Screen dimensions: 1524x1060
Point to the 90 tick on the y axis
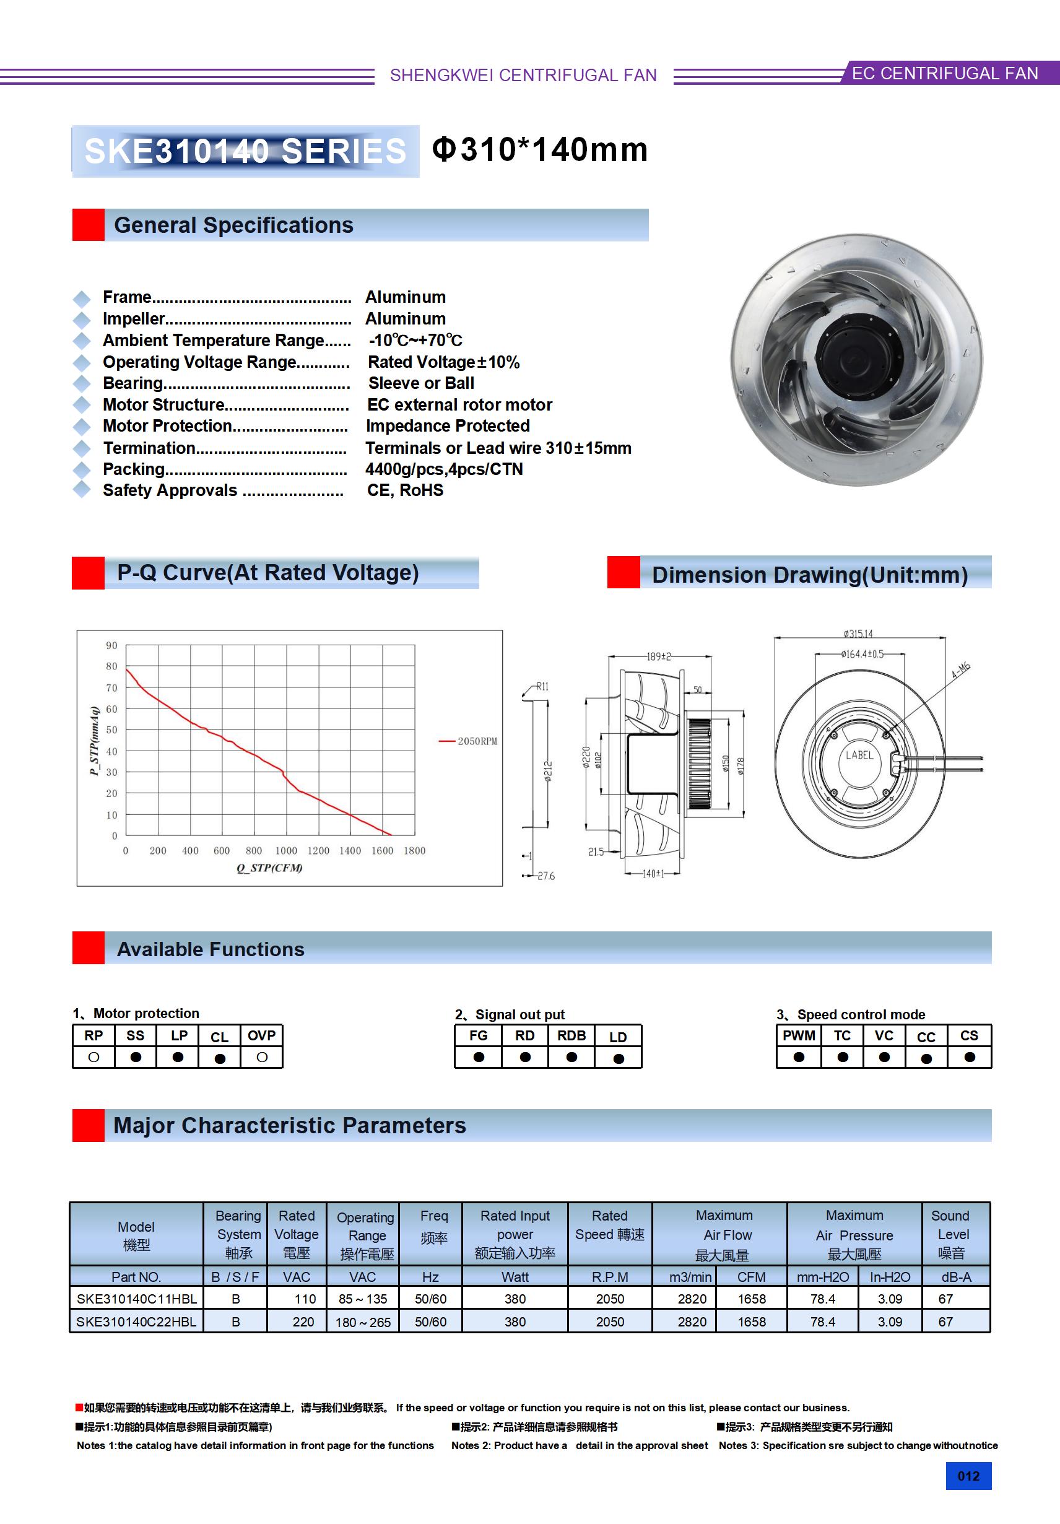[x=111, y=645]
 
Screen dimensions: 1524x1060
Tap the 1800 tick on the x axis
[x=414, y=850]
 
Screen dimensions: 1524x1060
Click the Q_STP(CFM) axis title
[x=269, y=868]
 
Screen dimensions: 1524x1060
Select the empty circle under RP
[x=93, y=1057]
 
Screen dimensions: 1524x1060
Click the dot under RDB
[x=571, y=1057]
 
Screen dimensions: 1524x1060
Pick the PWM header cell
[x=799, y=1035]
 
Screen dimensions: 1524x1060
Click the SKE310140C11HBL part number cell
[x=137, y=1299]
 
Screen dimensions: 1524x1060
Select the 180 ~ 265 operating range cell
[x=363, y=1322]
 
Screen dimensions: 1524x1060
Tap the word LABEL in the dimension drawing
[x=859, y=755]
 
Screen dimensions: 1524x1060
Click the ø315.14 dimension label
[x=858, y=634]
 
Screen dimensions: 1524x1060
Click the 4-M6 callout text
[x=960, y=670]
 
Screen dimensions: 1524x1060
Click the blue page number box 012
[x=968, y=1476]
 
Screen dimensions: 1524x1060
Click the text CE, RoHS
[x=405, y=490]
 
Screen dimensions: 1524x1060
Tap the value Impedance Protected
[x=448, y=426]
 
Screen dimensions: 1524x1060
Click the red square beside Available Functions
[x=89, y=948]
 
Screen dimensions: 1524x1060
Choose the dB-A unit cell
[x=956, y=1277]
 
